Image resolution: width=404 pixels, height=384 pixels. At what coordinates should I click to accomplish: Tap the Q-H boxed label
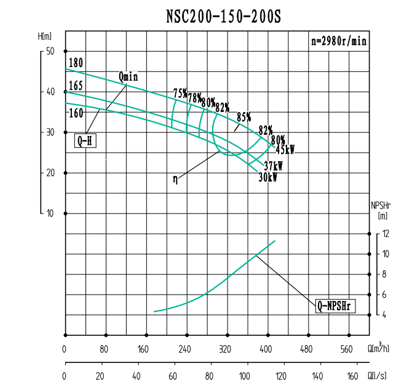pos(85,141)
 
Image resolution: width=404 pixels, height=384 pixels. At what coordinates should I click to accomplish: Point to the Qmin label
pos(129,76)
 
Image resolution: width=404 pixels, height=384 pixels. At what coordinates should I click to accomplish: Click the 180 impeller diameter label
pos(76,63)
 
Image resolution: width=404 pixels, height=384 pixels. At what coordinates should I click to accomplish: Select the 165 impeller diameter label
pos(76,86)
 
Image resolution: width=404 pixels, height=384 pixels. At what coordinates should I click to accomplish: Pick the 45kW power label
pos(285,150)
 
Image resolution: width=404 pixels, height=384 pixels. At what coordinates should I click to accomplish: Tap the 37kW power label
pos(273,166)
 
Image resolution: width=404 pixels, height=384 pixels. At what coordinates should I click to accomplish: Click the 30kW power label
pos(267,177)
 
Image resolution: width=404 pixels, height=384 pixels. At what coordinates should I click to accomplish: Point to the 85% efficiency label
pos(244,117)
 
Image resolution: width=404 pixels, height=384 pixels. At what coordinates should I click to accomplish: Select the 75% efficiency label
pos(180,94)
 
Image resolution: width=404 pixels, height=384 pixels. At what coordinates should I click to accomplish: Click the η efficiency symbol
pos(176,180)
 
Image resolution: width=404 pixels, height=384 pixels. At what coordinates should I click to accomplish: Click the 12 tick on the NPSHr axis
pos(386,234)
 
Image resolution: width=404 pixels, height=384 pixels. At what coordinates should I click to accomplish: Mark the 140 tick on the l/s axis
pos(317,375)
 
